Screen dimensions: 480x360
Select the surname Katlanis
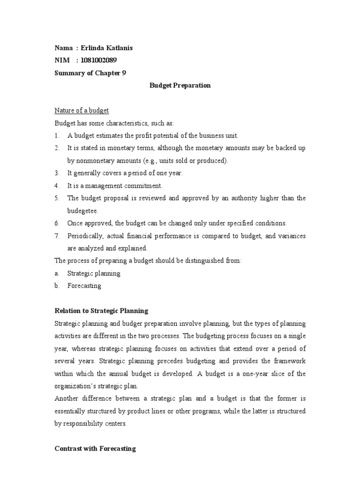[x=120, y=48]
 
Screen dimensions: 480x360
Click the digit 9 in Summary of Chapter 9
[x=124, y=73]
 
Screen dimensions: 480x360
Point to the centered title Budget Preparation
[x=180, y=85]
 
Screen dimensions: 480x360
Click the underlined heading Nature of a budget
[x=82, y=111]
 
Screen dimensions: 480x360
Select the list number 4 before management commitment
[x=57, y=186]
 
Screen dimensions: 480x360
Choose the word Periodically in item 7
[x=85, y=236]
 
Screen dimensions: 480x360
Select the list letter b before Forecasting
[x=57, y=285]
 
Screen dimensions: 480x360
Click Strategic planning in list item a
[x=94, y=273]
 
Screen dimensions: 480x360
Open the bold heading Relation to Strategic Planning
[x=101, y=310]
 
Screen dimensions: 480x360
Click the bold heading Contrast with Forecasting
[x=95, y=449]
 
